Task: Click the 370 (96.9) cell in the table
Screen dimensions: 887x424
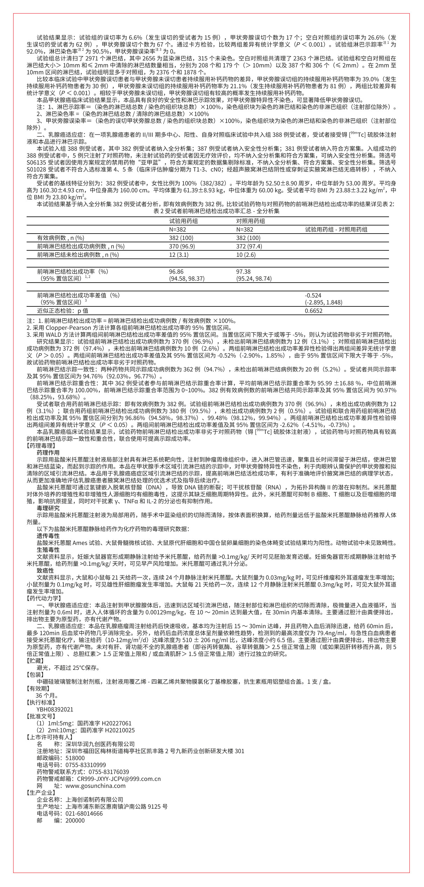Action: pos(182,246)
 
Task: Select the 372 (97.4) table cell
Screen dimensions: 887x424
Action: pos(249,246)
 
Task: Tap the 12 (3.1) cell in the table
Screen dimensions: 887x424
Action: pos(179,255)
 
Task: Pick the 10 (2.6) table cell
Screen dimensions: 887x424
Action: pos(246,255)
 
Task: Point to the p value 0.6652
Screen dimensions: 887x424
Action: pos(313,311)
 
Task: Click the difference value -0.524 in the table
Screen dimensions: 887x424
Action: pos(313,295)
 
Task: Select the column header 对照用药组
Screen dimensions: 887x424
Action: pos(250,221)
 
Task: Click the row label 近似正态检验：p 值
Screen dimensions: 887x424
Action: pos(63,311)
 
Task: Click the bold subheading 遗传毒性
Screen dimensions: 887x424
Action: pos(48,536)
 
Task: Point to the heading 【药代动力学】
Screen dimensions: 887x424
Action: pos(44,598)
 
